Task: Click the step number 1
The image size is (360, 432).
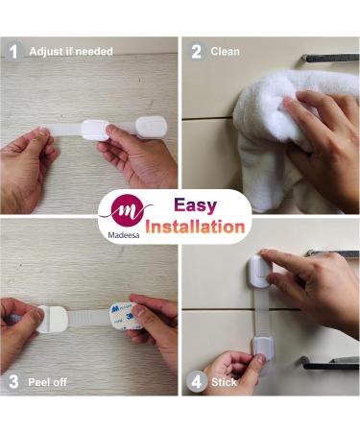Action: coord(13,52)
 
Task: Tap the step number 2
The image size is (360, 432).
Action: coord(197,52)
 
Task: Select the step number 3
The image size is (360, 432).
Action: coord(13,382)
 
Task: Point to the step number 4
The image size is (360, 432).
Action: coord(197,382)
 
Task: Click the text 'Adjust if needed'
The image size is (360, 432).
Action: coord(71,52)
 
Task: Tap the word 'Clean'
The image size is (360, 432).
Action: coord(226,52)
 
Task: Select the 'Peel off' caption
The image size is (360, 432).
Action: coord(47,382)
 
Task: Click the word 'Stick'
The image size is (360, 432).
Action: coord(224,382)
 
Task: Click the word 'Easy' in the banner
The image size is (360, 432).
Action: coord(196,205)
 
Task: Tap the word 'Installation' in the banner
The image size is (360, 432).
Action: coord(195,227)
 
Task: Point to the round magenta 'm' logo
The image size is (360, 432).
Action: coord(128,210)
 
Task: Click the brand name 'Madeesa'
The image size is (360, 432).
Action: coord(124,235)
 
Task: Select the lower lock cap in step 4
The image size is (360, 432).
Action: coord(263,348)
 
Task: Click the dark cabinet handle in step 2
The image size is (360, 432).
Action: coord(330,59)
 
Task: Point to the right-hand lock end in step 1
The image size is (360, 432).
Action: coord(152,128)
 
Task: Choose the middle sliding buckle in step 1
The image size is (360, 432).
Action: coord(94,130)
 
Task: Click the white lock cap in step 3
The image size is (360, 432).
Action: coord(52,319)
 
